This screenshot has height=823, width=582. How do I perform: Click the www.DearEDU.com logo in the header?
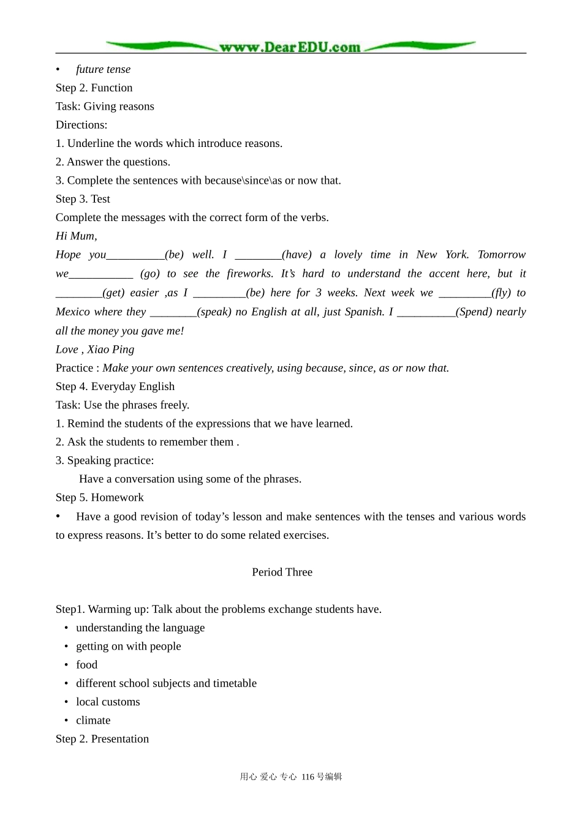click(x=290, y=47)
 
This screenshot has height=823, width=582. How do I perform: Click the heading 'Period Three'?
click(x=282, y=572)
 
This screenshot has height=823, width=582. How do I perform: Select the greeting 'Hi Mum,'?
click(x=76, y=236)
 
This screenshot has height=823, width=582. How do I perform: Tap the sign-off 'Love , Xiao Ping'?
click(x=95, y=349)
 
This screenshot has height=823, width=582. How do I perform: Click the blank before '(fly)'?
click(x=464, y=293)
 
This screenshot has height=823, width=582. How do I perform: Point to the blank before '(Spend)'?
click(x=426, y=312)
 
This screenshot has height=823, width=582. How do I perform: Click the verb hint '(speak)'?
click(x=214, y=312)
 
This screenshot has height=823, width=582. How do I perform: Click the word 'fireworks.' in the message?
click(x=250, y=274)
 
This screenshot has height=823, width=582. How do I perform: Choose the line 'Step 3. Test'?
click(x=83, y=199)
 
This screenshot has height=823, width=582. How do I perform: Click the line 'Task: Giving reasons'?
click(x=105, y=107)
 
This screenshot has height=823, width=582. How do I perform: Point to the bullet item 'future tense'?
click(x=103, y=69)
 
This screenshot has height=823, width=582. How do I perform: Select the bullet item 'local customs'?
click(x=108, y=702)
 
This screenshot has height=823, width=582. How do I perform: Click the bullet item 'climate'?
click(x=93, y=720)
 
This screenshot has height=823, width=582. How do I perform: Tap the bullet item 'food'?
click(x=86, y=665)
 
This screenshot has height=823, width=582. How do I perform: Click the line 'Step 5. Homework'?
click(x=99, y=497)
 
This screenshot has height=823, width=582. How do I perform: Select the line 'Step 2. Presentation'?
click(x=102, y=738)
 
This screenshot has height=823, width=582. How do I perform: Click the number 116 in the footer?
click(x=308, y=776)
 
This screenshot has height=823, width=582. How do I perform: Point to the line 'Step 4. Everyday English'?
click(x=115, y=386)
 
